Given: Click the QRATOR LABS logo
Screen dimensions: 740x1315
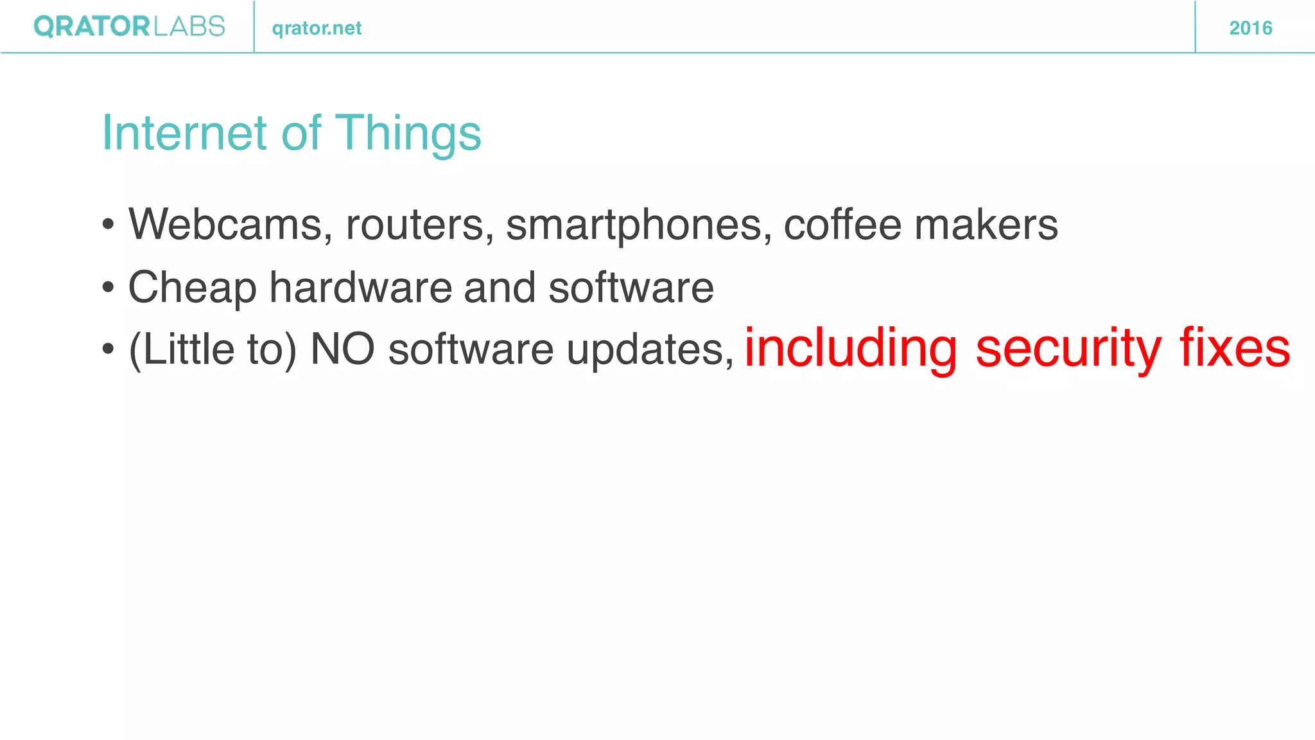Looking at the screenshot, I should pyautogui.click(x=129, y=27).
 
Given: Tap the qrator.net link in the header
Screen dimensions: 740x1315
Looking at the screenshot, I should pyautogui.click(x=317, y=28).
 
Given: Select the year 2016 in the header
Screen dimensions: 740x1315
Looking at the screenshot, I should pyautogui.click(x=1250, y=28).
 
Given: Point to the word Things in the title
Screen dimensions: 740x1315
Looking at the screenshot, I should pyautogui.click(x=408, y=134).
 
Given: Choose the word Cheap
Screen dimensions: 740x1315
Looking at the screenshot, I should pyautogui.click(x=192, y=288).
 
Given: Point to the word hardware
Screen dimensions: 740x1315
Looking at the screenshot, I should pyautogui.click(x=360, y=286).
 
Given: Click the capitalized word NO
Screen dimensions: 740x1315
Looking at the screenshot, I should pyautogui.click(x=342, y=349).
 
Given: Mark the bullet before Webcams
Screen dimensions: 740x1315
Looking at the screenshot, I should pyautogui.click(x=108, y=225).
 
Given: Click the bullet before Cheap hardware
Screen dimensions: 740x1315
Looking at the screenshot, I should pyautogui.click(x=108, y=288).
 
